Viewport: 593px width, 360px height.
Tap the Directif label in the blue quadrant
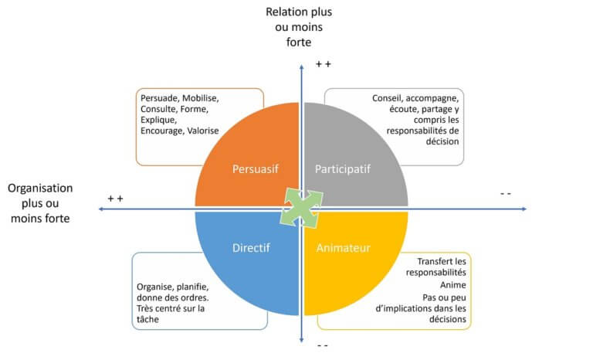coord(251,248)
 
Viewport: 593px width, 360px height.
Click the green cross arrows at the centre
coord(300,208)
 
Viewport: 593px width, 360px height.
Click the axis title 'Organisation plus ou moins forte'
coord(40,203)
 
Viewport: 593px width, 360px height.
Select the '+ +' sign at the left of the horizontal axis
coord(115,199)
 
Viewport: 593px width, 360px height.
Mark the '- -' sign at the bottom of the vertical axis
coord(323,345)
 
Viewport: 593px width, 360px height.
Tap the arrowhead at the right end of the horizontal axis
coord(524,209)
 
